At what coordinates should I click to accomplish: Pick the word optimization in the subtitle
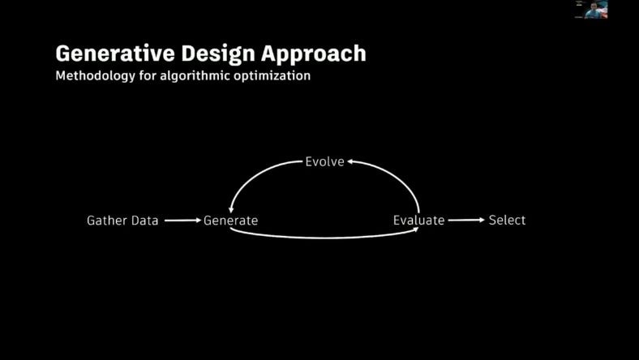[270, 76]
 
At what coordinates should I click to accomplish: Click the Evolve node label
[324, 161]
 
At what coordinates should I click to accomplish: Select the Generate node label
[230, 220]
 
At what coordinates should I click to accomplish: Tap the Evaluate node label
[418, 220]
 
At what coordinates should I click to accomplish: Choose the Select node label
[507, 220]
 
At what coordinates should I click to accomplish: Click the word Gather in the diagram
[107, 220]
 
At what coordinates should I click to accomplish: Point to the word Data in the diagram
[145, 220]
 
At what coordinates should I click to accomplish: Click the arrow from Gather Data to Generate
[182, 220]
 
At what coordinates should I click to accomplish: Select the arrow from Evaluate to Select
[466, 220]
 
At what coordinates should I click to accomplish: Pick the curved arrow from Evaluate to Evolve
[397, 176]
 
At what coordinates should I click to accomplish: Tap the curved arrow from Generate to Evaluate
[324, 238]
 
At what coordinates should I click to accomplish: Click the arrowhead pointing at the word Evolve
[350, 162]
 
